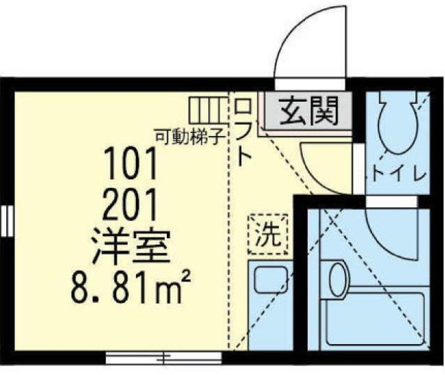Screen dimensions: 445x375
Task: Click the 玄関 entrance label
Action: [x=309, y=111]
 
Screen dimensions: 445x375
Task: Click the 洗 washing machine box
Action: [x=269, y=234]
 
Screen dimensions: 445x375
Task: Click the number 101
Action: [x=131, y=163]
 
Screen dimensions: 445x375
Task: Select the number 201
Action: [x=130, y=205]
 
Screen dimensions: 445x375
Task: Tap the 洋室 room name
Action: [x=130, y=247]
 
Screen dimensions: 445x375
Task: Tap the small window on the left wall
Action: [x=7, y=221]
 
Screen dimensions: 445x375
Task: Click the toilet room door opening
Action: [x=359, y=170]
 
